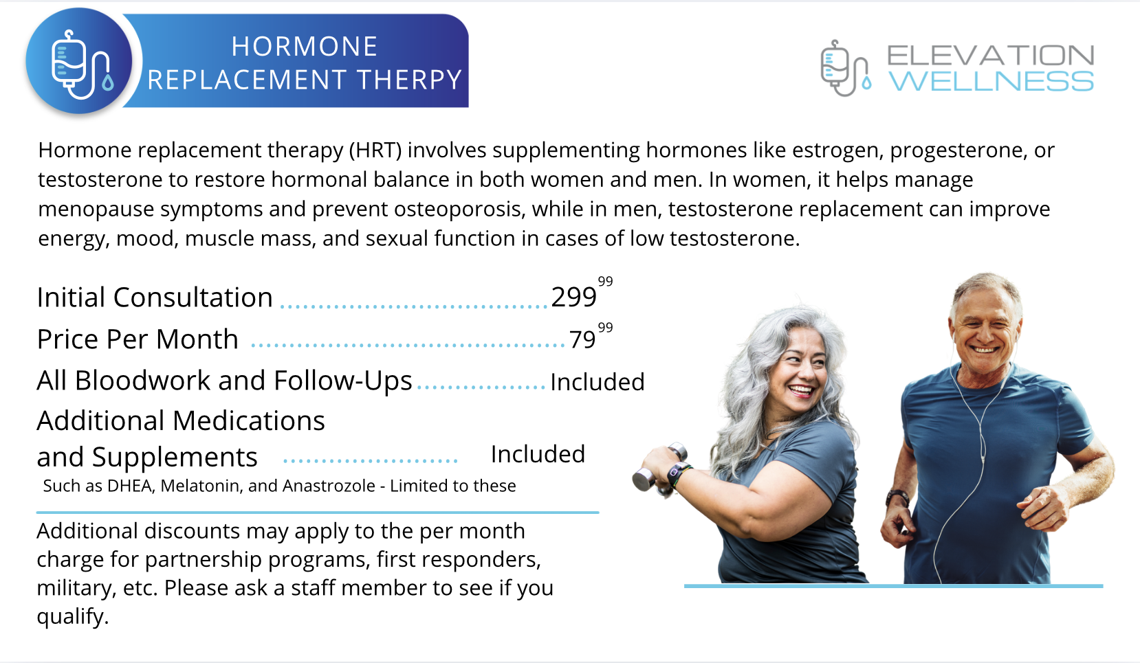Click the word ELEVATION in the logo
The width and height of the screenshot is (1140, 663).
[x=990, y=55]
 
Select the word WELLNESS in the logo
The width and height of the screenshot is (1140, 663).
[x=991, y=81]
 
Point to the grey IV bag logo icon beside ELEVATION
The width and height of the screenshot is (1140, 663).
[x=845, y=68]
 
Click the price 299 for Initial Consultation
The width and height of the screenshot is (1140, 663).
[x=573, y=297]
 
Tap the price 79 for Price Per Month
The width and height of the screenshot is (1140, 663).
[x=582, y=339]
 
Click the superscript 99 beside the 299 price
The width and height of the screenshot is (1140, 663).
[x=605, y=281]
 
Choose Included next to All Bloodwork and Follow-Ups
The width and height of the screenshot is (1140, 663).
[x=598, y=382]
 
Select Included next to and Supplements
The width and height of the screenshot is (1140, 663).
[x=538, y=454]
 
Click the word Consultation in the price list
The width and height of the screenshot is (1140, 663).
[x=193, y=297]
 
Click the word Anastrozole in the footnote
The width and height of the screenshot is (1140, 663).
[x=329, y=486]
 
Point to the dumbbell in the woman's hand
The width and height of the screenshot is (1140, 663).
[x=659, y=469]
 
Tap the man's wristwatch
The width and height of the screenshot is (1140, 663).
[x=897, y=497]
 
